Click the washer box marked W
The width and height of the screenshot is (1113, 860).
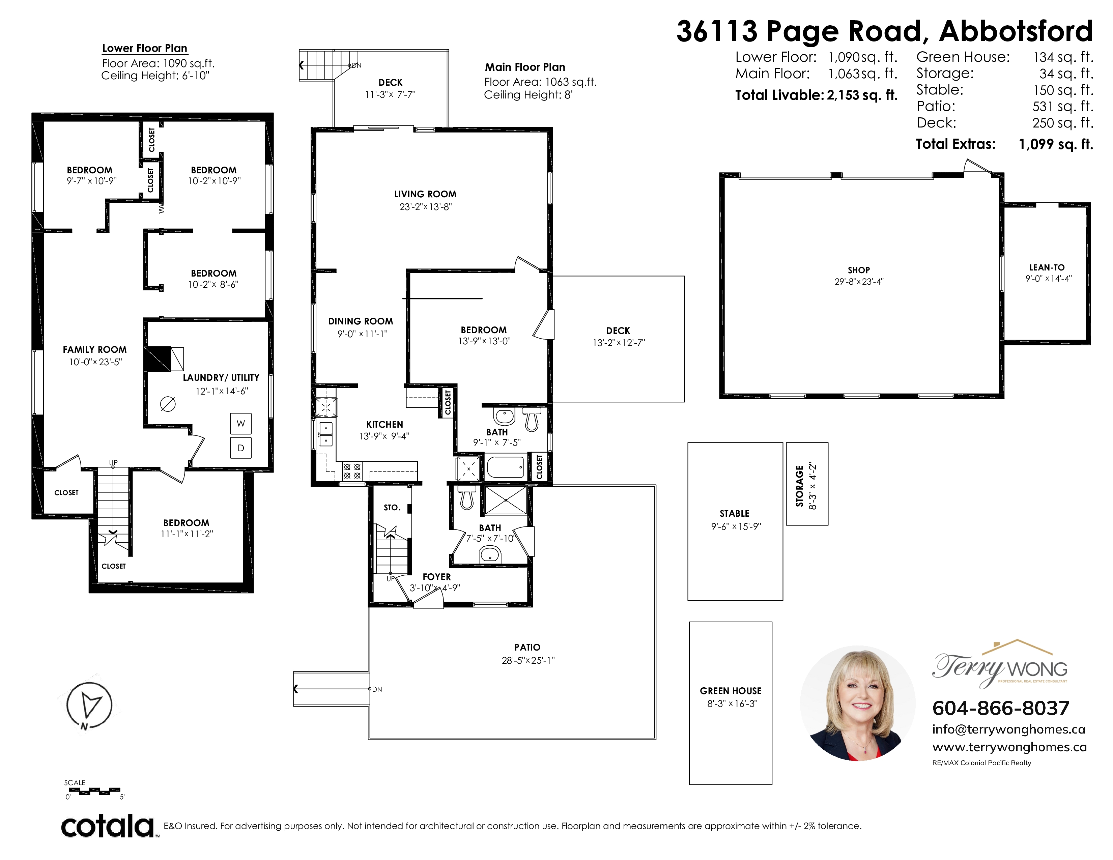point(240,423)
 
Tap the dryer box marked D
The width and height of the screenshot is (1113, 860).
point(240,448)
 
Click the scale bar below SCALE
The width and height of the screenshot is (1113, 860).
point(95,791)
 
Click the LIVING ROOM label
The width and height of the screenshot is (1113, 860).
point(425,194)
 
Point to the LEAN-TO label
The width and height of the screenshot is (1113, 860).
point(1047,267)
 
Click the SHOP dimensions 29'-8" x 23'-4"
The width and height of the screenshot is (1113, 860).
point(859,281)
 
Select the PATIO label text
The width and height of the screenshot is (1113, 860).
point(527,647)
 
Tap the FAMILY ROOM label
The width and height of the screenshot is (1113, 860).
point(95,349)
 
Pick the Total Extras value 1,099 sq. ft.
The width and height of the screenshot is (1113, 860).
point(1056,144)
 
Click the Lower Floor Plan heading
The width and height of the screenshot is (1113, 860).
point(145,49)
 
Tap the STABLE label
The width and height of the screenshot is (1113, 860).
point(734,514)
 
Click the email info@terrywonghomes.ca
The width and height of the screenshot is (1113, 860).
point(1008,729)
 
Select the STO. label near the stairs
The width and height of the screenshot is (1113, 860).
point(392,508)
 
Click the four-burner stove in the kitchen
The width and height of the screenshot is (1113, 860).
point(352,471)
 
